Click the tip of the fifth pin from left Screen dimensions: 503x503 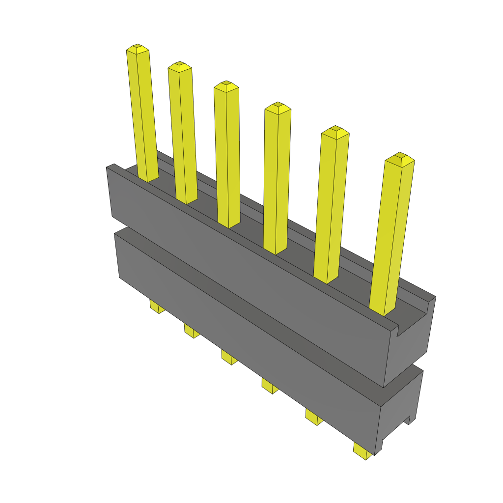point(335,131)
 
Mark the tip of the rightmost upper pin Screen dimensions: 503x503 point(399,158)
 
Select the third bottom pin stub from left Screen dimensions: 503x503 point(228,357)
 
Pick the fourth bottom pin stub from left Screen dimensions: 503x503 point(269,386)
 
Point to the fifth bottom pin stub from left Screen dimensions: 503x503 point(313,417)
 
